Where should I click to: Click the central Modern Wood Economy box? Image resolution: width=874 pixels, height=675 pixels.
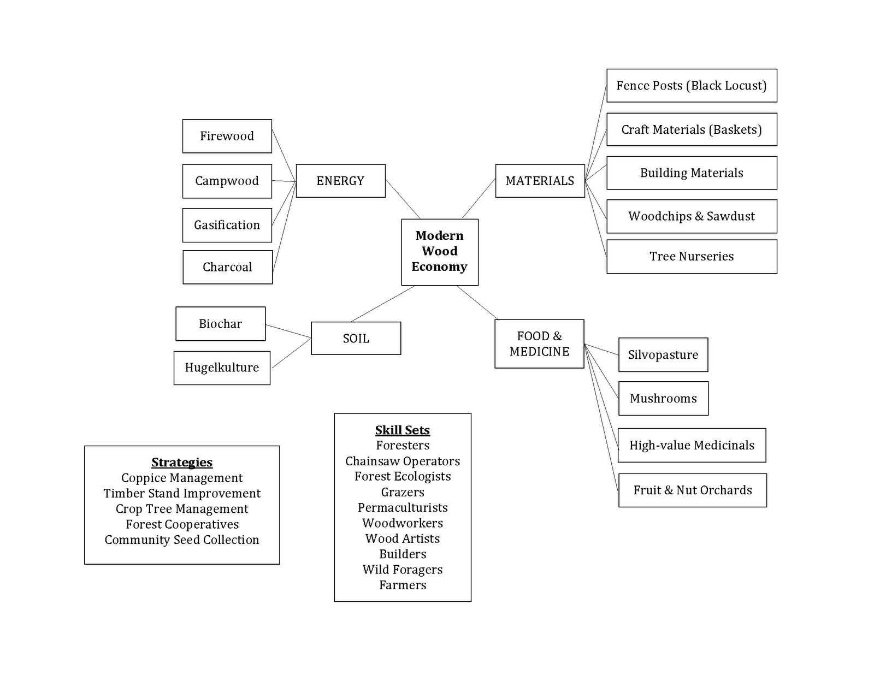pyautogui.click(x=440, y=252)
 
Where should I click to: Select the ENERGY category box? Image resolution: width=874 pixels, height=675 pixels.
pyautogui.click(x=340, y=181)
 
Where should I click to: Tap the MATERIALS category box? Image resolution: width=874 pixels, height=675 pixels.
pyautogui.click(x=540, y=181)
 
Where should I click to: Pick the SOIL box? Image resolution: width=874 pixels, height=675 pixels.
pyautogui.click(x=356, y=339)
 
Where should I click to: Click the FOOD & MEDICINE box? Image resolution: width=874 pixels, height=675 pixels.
pyautogui.click(x=539, y=344)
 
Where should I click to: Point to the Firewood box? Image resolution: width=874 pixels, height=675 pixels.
pyautogui.click(x=227, y=136)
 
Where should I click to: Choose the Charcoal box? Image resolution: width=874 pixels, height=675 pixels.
pyautogui.click(x=227, y=267)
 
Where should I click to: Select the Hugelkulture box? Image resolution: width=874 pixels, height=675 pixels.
pyautogui.click(x=222, y=368)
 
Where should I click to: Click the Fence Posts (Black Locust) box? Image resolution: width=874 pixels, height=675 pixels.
pyautogui.click(x=691, y=86)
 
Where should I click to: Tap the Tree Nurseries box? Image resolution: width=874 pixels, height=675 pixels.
pyautogui.click(x=691, y=257)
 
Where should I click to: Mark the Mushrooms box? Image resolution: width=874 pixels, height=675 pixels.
pyautogui.click(x=663, y=399)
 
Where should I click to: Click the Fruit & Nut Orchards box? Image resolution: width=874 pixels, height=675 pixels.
pyautogui.click(x=692, y=490)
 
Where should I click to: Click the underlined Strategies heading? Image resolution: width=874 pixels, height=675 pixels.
pyautogui.click(x=182, y=463)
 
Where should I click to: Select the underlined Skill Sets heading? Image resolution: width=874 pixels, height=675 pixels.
pyautogui.click(x=403, y=430)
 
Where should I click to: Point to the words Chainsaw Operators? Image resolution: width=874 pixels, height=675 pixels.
pyautogui.click(x=403, y=461)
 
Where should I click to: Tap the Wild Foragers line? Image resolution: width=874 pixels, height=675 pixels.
pyautogui.click(x=403, y=570)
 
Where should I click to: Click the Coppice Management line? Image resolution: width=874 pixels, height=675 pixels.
pyautogui.click(x=182, y=478)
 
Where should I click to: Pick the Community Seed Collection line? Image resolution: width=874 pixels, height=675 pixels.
pyautogui.click(x=182, y=540)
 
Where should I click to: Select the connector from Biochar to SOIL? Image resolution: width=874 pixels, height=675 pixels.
pyautogui.click(x=288, y=331)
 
